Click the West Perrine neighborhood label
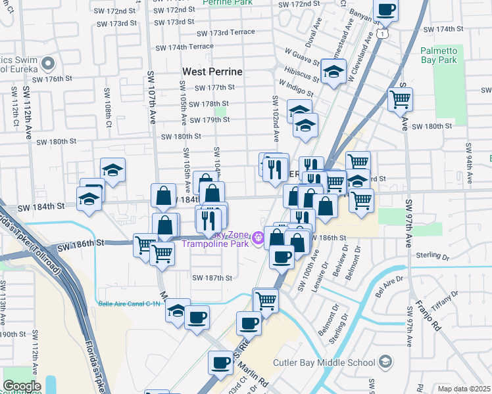tap(212, 71)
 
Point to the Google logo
tap(22, 386)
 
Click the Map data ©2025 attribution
tap(464, 389)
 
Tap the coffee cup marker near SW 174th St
tap(385, 10)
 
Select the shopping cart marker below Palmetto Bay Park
tap(400, 100)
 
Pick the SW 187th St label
tap(212, 278)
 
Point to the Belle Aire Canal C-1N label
tap(130, 303)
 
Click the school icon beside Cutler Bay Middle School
tap(385, 362)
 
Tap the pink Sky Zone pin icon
tap(258, 239)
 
